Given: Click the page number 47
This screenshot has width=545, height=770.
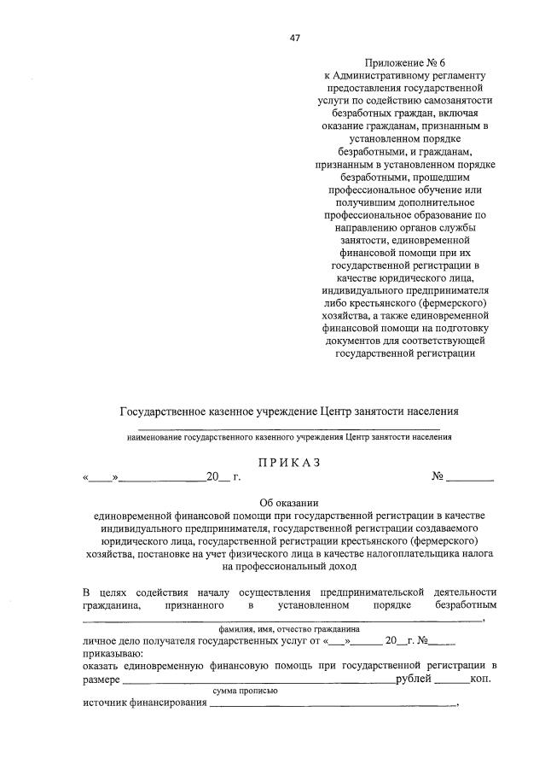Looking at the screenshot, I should [295, 38].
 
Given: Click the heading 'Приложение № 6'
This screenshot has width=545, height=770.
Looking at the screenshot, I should [404, 63].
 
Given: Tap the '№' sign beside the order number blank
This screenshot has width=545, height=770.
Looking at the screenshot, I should [437, 477].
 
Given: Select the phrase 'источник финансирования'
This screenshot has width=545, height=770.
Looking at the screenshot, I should [145, 703].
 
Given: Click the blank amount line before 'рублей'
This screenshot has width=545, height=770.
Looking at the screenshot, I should [258, 680].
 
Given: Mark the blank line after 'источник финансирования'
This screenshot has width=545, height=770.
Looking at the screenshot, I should [333, 705].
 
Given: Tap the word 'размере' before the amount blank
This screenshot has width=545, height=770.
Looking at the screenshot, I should [101, 679].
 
